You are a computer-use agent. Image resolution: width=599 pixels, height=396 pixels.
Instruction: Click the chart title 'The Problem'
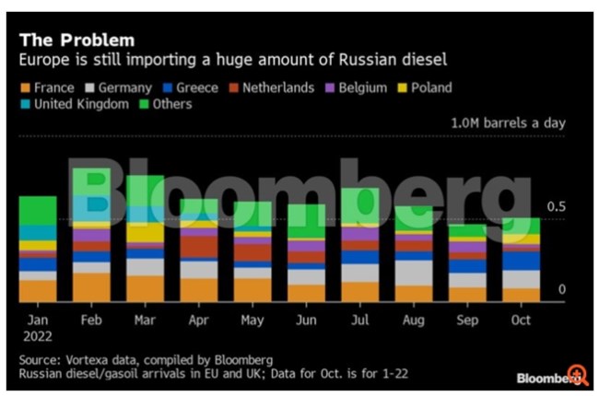[77, 40]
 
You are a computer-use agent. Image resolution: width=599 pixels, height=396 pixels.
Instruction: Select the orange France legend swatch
[26, 88]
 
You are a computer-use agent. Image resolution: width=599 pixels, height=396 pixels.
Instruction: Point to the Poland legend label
[431, 88]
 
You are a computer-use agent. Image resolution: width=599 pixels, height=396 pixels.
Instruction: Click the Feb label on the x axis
[90, 320]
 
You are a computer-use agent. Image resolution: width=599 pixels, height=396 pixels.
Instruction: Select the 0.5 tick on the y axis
[557, 206]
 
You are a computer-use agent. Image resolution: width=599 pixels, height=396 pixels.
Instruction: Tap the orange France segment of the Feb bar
[91, 287]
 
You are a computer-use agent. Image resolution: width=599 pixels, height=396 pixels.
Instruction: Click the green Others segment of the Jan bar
[38, 210]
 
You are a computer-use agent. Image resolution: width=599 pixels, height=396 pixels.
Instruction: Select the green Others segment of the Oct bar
[520, 226]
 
